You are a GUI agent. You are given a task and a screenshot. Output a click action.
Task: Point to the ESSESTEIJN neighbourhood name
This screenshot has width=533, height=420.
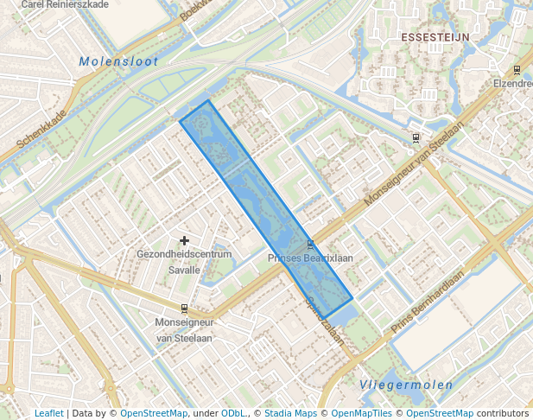pyautogui.click(x=435, y=38)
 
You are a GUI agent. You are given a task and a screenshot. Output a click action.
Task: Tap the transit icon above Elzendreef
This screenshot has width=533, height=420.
pyautogui.click(x=517, y=70)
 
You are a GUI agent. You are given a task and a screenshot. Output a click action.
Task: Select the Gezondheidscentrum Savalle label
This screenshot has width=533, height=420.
pyautogui.click(x=184, y=262)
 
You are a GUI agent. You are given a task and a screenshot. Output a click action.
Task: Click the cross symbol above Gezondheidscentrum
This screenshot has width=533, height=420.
pyautogui.click(x=184, y=240)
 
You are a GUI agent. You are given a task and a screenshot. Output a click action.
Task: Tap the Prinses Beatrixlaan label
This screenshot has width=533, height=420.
pyautogui.click(x=310, y=258)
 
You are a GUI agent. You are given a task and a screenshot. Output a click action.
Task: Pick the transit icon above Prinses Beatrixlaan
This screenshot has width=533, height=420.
pyautogui.click(x=310, y=245)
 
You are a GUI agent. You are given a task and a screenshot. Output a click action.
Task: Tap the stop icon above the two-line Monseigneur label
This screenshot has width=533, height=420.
pyautogui.click(x=184, y=309)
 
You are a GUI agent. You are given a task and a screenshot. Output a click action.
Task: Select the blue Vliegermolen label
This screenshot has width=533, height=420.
pyautogui.click(x=393, y=385)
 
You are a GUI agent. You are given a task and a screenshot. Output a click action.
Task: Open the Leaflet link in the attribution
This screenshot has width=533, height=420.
pyautogui.click(x=48, y=414)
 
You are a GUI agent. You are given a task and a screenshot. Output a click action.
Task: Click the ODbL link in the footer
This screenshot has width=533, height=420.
pyautogui.click(x=232, y=414)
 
